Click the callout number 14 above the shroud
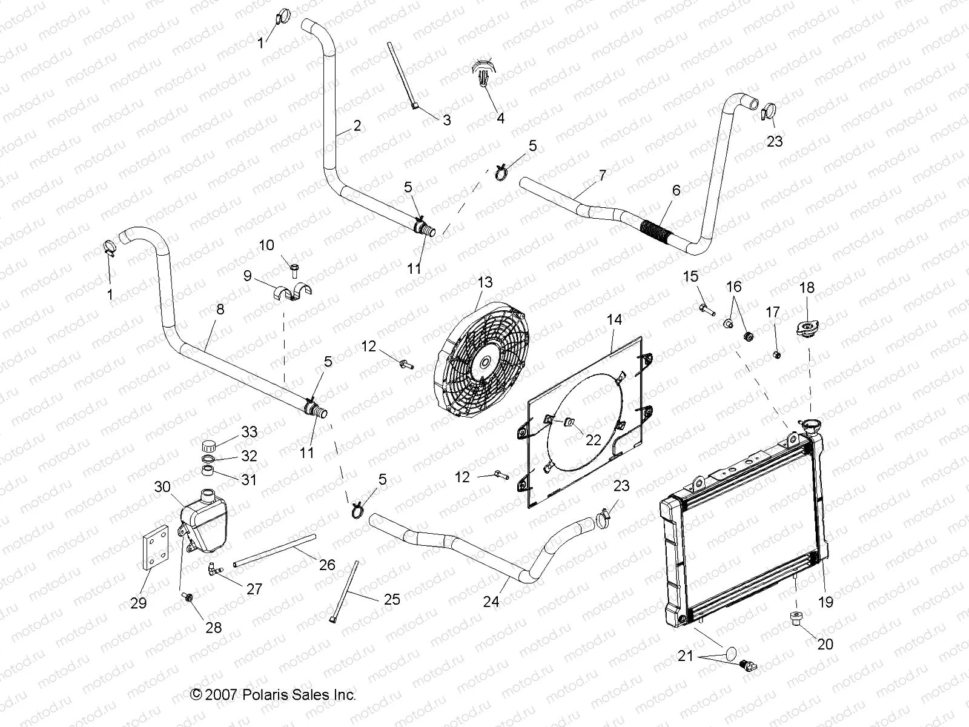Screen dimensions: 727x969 coord(613,319)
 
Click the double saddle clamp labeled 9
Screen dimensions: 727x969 coord(293,290)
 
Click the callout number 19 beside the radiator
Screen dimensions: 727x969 coord(825,602)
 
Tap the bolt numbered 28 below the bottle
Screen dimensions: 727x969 coord(188,598)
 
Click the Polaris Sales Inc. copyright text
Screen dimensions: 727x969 coord(273,695)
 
